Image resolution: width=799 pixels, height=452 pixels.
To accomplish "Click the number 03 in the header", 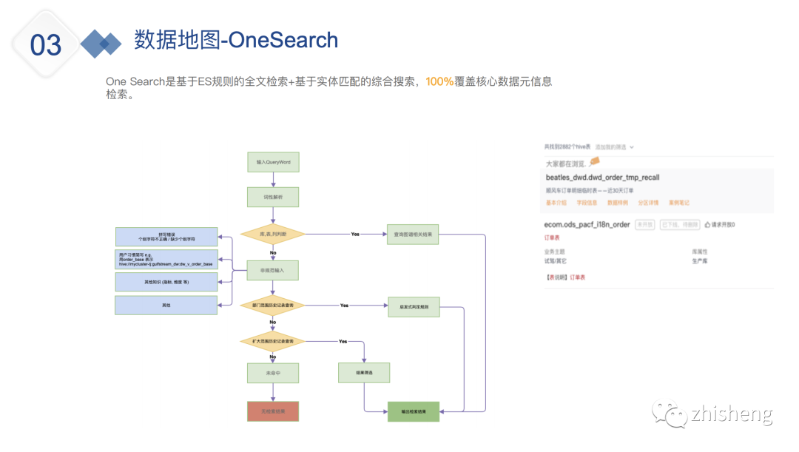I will click(46, 45).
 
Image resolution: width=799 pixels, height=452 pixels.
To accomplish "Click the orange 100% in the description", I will click(439, 81).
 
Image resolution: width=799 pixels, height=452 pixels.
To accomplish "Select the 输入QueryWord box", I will click(273, 161).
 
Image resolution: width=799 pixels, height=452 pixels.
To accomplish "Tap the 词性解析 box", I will click(273, 197).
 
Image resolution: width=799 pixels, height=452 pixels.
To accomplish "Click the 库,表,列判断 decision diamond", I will click(273, 234).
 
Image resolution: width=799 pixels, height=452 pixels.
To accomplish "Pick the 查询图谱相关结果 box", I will click(413, 234).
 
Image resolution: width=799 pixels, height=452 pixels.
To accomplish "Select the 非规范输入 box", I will click(273, 271).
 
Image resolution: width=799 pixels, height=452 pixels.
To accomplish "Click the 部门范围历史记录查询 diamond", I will click(273, 305).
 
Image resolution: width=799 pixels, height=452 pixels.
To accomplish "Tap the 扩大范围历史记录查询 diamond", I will click(273, 341).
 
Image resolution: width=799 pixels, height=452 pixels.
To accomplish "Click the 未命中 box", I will click(273, 373).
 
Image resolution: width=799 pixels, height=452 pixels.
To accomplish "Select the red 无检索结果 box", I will click(273, 411).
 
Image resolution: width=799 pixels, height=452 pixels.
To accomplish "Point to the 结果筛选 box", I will click(364, 372).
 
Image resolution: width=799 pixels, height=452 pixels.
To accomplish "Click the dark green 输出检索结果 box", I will click(414, 411).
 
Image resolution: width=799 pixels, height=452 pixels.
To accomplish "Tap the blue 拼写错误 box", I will click(166, 237).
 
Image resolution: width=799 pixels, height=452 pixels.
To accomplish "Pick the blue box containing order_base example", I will click(166, 259).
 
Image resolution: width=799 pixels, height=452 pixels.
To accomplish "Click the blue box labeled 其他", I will click(166, 305).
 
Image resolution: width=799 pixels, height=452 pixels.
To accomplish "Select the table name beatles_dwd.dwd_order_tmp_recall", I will click(602, 178).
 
